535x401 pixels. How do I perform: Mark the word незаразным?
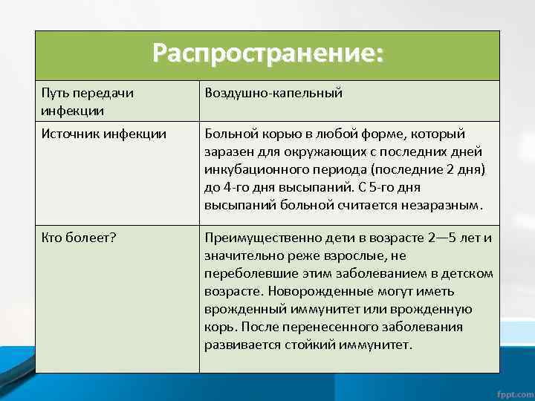(444, 205)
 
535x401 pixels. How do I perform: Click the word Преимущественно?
(256, 238)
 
